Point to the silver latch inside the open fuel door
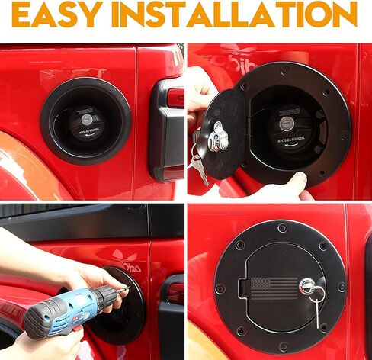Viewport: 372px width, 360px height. pos(218,137)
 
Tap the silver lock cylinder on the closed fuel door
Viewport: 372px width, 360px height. pos(309,287)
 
